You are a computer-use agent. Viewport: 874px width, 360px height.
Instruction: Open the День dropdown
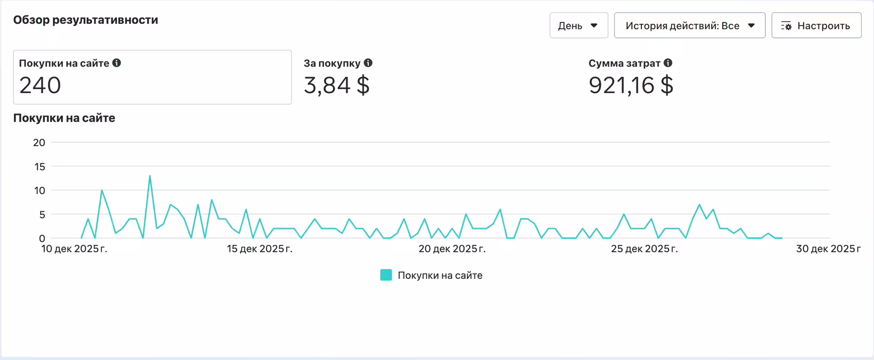click(579, 25)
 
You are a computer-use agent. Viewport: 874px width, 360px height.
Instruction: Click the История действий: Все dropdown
click(689, 25)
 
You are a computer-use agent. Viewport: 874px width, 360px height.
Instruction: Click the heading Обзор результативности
click(85, 20)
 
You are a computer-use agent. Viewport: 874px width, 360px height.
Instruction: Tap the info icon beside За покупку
click(368, 63)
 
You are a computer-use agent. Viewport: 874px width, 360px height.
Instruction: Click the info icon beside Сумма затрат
click(668, 63)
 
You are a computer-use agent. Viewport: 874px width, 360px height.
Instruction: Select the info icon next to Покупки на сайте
click(117, 63)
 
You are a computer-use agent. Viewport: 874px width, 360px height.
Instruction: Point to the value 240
click(40, 85)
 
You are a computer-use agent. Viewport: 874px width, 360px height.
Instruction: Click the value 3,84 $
click(337, 85)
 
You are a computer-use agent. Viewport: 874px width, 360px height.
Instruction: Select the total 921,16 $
click(631, 85)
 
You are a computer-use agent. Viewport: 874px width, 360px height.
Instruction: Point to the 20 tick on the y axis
click(39, 143)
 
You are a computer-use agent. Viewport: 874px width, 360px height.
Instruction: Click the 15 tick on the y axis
click(40, 166)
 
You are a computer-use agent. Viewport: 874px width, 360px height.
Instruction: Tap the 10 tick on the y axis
click(40, 190)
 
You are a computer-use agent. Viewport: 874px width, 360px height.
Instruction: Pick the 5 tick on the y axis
click(42, 214)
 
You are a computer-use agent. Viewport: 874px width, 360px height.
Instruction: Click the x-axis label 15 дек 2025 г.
click(260, 249)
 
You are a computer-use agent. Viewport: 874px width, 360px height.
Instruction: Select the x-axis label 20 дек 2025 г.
click(452, 249)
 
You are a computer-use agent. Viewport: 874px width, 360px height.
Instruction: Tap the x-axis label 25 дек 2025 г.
click(645, 249)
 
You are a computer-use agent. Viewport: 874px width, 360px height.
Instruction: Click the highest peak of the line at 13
click(150, 176)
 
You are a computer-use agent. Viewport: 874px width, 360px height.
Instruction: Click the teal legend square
click(386, 275)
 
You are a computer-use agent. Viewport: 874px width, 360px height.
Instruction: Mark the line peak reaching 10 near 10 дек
click(102, 190)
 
